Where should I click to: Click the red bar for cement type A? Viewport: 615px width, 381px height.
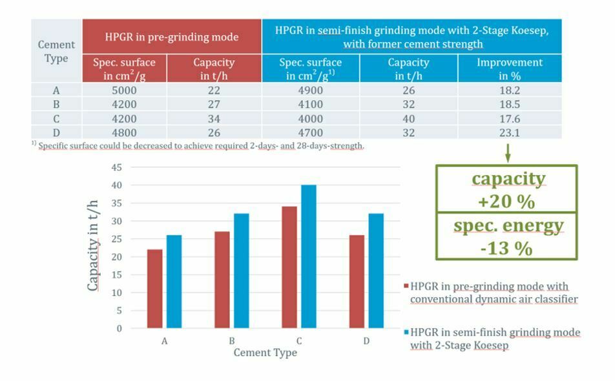click(155, 289)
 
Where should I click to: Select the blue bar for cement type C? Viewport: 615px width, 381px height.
click(309, 256)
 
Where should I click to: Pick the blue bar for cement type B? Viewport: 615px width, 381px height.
click(241, 271)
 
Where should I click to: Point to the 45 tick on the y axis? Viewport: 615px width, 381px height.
click(116, 167)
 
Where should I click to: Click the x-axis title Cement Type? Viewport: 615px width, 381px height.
click(265, 353)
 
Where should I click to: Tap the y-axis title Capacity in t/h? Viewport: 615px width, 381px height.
click(94, 245)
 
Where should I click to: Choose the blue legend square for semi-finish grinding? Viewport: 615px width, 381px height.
click(406, 333)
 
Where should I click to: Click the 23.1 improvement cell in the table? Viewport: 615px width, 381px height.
click(509, 133)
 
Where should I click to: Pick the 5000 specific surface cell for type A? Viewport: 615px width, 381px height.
click(124, 90)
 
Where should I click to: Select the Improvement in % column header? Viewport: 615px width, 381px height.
click(509, 68)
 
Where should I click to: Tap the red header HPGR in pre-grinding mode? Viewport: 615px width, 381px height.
click(171, 37)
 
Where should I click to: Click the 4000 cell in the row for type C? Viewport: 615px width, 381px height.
click(310, 119)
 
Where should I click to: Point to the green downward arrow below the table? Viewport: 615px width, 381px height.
click(508, 153)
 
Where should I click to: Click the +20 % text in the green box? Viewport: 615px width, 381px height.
click(506, 201)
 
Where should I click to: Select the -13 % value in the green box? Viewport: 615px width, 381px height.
click(506, 248)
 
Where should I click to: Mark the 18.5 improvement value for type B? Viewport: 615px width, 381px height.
click(509, 105)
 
